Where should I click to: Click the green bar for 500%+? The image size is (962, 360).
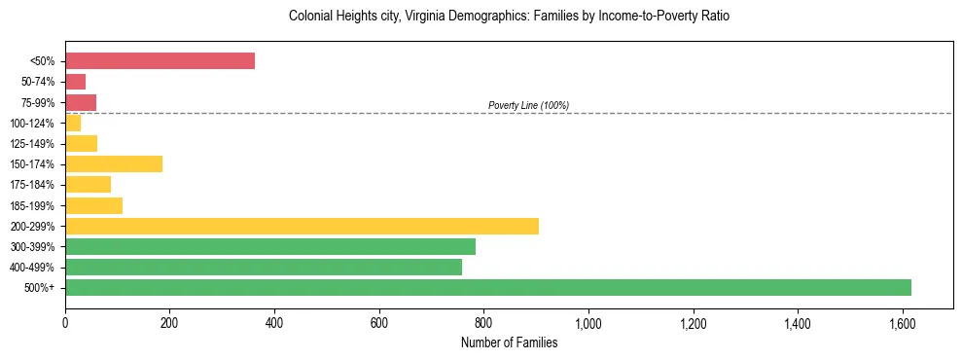click(x=487, y=287)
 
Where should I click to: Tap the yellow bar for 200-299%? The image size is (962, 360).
click(x=302, y=226)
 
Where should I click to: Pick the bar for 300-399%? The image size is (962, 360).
click(x=269, y=246)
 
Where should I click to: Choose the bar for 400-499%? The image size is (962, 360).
click(x=263, y=267)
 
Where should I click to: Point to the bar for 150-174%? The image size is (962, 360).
click(x=113, y=163)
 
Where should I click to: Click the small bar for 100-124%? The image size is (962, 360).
click(x=73, y=123)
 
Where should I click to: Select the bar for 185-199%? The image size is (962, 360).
click(x=93, y=205)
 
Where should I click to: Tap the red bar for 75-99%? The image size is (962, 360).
click(x=81, y=102)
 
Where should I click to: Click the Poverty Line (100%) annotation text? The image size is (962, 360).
click(x=528, y=105)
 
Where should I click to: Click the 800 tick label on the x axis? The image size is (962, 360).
click(x=483, y=322)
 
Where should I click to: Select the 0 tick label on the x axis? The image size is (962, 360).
click(x=65, y=322)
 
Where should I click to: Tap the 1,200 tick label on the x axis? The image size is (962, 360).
click(x=693, y=322)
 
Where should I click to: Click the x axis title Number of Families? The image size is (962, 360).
click(x=509, y=342)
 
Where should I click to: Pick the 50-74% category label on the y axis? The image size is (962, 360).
click(x=39, y=82)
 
